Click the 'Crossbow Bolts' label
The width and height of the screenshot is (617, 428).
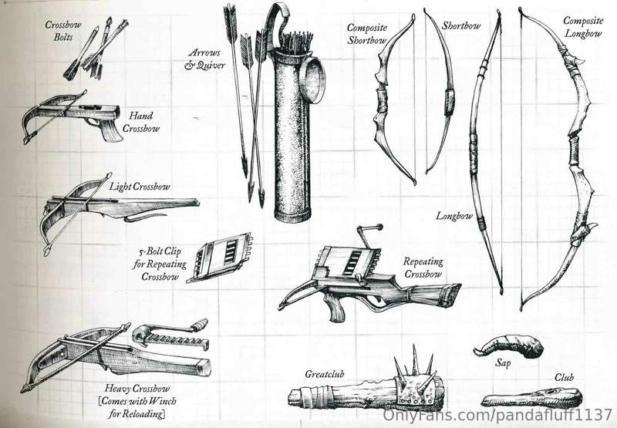click(x=63, y=31)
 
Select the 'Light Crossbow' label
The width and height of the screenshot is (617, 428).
click(x=140, y=187)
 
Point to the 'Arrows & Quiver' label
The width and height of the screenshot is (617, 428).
click(x=204, y=59)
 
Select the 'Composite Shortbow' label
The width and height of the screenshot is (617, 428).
click(x=367, y=34)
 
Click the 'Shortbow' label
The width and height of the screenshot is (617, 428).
click(x=461, y=26)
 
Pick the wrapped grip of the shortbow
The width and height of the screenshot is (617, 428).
click(x=449, y=102)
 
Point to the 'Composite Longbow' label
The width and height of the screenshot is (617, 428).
click(x=583, y=27)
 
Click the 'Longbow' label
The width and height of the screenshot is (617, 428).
click(x=454, y=216)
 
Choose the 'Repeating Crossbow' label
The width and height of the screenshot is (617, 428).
click(x=423, y=268)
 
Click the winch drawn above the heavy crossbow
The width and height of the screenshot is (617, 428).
click(x=170, y=335)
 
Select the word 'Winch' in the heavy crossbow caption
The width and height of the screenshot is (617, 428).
click(x=162, y=401)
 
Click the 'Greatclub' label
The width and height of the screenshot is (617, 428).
click(x=325, y=374)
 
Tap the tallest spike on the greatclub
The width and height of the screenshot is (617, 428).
click(x=415, y=359)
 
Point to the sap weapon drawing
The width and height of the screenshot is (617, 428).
click(x=510, y=345)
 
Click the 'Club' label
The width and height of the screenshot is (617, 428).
click(x=565, y=377)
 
